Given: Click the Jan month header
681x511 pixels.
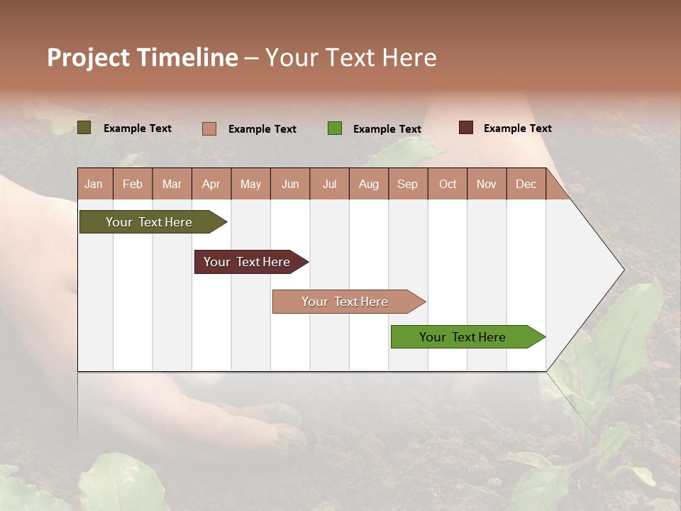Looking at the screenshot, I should click(x=94, y=185).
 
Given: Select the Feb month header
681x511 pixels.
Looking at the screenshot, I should click(x=133, y=185).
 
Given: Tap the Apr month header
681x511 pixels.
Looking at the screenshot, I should click(x=211, y=185).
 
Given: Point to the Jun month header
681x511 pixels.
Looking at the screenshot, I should click(x=290, y=185).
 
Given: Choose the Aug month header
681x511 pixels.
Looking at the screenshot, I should click(x=368, y=185).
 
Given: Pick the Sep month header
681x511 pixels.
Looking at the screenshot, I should click(x=407, y=185).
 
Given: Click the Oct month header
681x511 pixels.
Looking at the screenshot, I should click(x=448, y=185).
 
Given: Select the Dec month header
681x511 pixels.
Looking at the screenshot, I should click(x=526, y=185).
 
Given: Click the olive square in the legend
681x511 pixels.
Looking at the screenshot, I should click(x=84, y=128).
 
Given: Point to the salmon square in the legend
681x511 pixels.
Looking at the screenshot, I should click(x=209, y=128).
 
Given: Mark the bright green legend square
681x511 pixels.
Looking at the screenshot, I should click(x=335, y=128).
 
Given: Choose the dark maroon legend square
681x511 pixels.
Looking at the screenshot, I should click(x=465, y=128).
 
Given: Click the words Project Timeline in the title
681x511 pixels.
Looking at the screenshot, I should click(x=143, y=57).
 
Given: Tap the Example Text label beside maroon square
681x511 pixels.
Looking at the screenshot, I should click(x=517, y=128).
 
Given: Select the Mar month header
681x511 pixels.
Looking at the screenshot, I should click(x=172, y=185).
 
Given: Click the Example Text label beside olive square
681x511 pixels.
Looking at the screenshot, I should click(x=137, y=128).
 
